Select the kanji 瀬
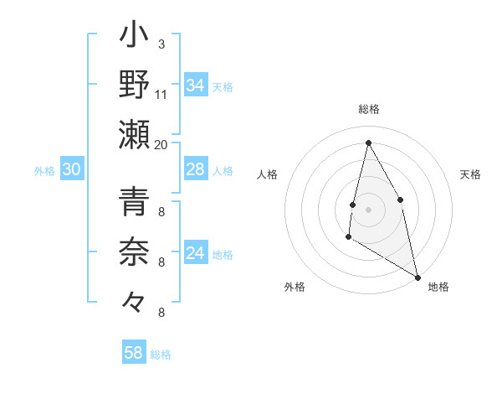(x=135, y=134)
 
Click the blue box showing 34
(x=196, y=86)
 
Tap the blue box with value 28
(x=196, y=170)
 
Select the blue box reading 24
(x=196, y=253)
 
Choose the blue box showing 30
(x=71, y=170)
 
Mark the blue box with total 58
(x=134, y=353)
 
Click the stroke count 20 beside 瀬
(x=161, y=144)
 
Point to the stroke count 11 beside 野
(x=161, y=94)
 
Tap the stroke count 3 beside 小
(x=161, y=44)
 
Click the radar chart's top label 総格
(x=369, y=109)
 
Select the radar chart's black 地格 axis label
(x=438, y=287)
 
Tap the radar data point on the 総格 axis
(x=368, y=143)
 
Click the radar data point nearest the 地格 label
(x=417, y=277)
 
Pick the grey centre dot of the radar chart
(x=368, y=209)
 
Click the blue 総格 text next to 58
(x=161, y=355)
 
